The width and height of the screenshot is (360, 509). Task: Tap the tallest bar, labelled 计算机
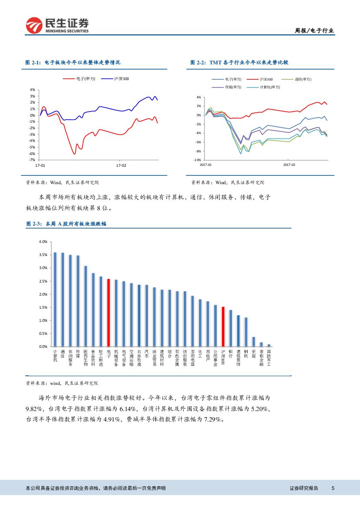(55, 299)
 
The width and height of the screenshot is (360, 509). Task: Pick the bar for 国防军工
(269, 345)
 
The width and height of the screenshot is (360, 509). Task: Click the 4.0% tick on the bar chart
(43, 242)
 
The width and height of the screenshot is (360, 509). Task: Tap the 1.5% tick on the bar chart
(43, 307)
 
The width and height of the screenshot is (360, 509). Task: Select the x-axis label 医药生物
(86, 357)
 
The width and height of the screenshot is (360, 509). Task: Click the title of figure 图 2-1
(73, 63)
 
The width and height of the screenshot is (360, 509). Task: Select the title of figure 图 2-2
(239, 63)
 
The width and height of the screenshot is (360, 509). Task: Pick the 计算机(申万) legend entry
(269, 87)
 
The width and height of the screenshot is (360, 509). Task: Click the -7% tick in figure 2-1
(32, 160)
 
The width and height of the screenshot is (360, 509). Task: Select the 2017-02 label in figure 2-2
(289, 165)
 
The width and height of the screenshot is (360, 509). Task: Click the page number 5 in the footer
(333, 489)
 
